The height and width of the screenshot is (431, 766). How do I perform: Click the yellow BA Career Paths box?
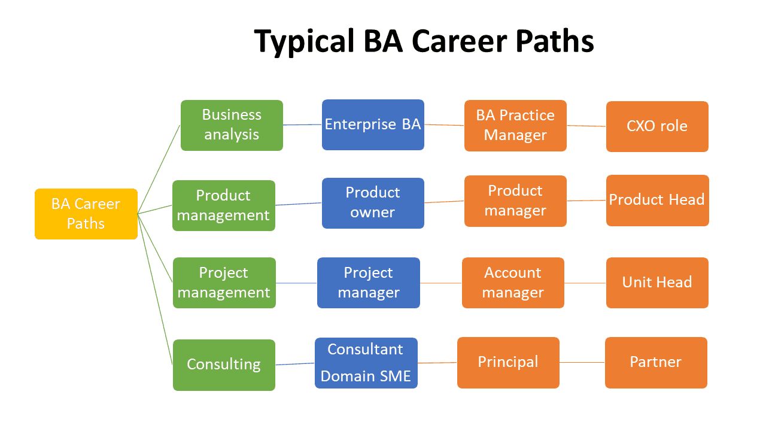[86, 214]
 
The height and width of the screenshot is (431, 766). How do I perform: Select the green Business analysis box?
[232, 125]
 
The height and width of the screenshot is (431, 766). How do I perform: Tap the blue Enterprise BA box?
[373, 125]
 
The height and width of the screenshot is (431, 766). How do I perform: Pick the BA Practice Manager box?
[515, 125]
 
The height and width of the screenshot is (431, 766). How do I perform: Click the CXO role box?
[657, 126]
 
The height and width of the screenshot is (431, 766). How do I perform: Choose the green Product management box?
[224, 205]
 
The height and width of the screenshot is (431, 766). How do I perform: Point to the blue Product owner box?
[373, 203]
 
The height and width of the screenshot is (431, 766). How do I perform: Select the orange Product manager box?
[515, 201]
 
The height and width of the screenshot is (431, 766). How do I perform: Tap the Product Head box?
[657, 201]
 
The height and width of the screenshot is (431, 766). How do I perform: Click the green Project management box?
[224, 283]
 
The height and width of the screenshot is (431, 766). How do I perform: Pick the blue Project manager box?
[369, 283]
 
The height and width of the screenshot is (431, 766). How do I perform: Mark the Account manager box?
[513, 283]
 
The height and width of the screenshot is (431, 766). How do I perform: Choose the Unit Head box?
[657, 283]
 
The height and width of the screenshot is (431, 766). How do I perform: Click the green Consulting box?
[224, 365]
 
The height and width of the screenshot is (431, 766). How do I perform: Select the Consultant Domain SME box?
[366, 363]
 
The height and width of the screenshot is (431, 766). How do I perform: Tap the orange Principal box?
[508, 362]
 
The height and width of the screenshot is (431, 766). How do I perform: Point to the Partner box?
[656, 362]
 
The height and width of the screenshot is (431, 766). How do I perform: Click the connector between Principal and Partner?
[582, 362]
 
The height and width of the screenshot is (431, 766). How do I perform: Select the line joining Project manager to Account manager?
[441, 283]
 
